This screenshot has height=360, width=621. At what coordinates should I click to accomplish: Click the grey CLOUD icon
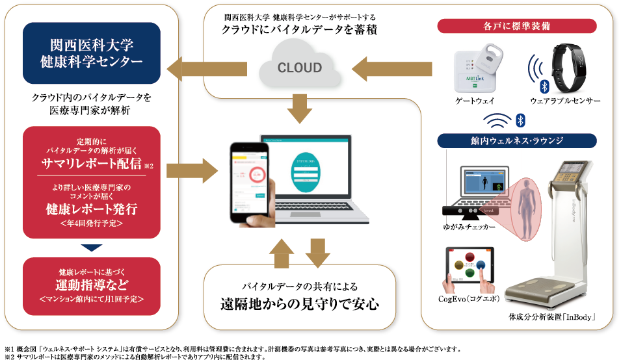coord(300,68)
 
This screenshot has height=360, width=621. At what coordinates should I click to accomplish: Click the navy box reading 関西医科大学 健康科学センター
coord(92,53)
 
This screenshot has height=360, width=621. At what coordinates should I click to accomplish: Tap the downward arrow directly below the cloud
coord(300,109)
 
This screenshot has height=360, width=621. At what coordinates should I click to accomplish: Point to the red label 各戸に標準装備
coord(517,26)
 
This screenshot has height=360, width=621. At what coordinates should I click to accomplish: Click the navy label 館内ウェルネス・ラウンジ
coord(517,140)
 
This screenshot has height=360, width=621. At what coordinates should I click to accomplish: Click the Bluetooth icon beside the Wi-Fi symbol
coord(520,120)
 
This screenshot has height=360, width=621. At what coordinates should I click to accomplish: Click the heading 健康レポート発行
coord(92,210)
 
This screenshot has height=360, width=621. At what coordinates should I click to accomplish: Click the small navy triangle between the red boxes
coord(92,248)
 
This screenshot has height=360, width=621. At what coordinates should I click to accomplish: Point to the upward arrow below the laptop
coord(282,253)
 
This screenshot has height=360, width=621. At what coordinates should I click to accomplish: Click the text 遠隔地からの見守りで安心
coord(300,303)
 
